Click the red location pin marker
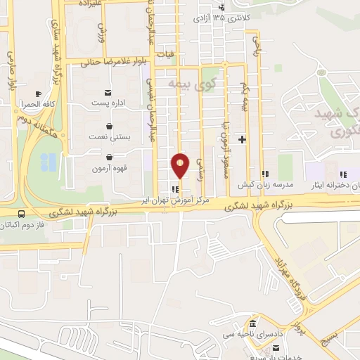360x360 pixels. (x=181, y=166)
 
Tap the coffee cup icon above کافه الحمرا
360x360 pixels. (x=37, y=93)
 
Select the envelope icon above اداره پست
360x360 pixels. (x=108, y=93)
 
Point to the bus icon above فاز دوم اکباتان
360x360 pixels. (x=21, y=214)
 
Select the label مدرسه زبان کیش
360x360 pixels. (x=264, y=185)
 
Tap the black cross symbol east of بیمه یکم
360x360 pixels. (x=243, y=139)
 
